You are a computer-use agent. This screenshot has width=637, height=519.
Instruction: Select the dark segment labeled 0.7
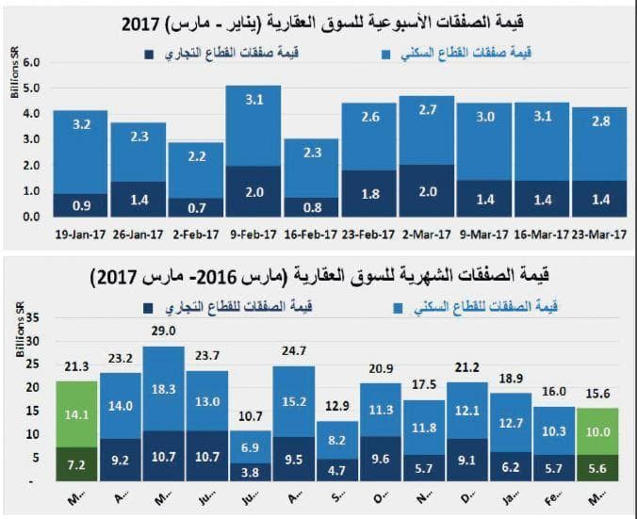[194, 205]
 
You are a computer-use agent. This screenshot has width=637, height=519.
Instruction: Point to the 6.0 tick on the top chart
[30, 62]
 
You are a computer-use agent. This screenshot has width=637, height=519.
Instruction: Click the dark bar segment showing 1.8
[368, 196]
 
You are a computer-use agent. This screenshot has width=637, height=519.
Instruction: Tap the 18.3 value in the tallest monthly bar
[163, 388]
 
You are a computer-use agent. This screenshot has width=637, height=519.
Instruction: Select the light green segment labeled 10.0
[596, 432]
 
